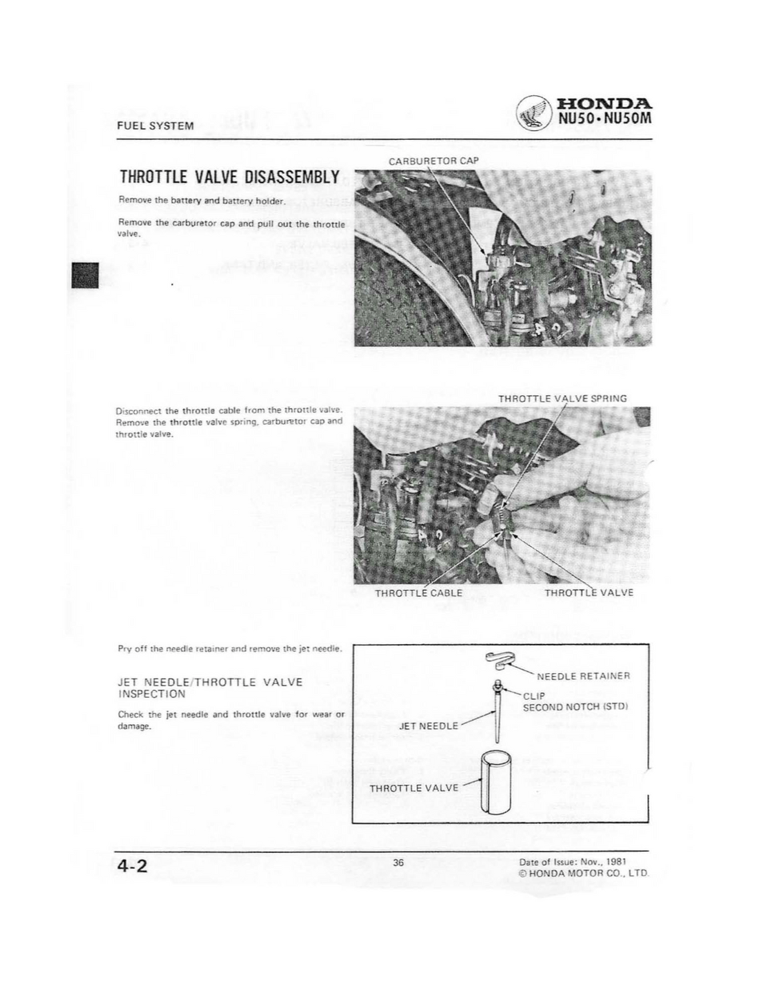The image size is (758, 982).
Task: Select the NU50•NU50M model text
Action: coord(604,122)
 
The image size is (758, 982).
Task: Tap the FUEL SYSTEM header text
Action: coord(155,126)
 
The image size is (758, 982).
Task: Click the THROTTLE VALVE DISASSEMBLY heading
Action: coord(229,177)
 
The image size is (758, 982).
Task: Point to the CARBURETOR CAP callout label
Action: coord(433,161)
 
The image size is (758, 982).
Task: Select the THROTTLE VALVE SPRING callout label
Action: coord(562,399)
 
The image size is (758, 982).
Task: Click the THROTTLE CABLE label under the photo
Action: coord(418,592)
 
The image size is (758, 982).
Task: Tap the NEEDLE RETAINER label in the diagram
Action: coord(583,676)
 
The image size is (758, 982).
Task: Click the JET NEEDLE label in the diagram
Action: coord(429,726)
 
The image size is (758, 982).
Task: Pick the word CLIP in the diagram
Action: coord(533,697)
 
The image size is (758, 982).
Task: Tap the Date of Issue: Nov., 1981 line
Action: coord(561,862)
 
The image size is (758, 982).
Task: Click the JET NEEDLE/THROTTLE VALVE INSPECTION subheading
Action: coord(210,688)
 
